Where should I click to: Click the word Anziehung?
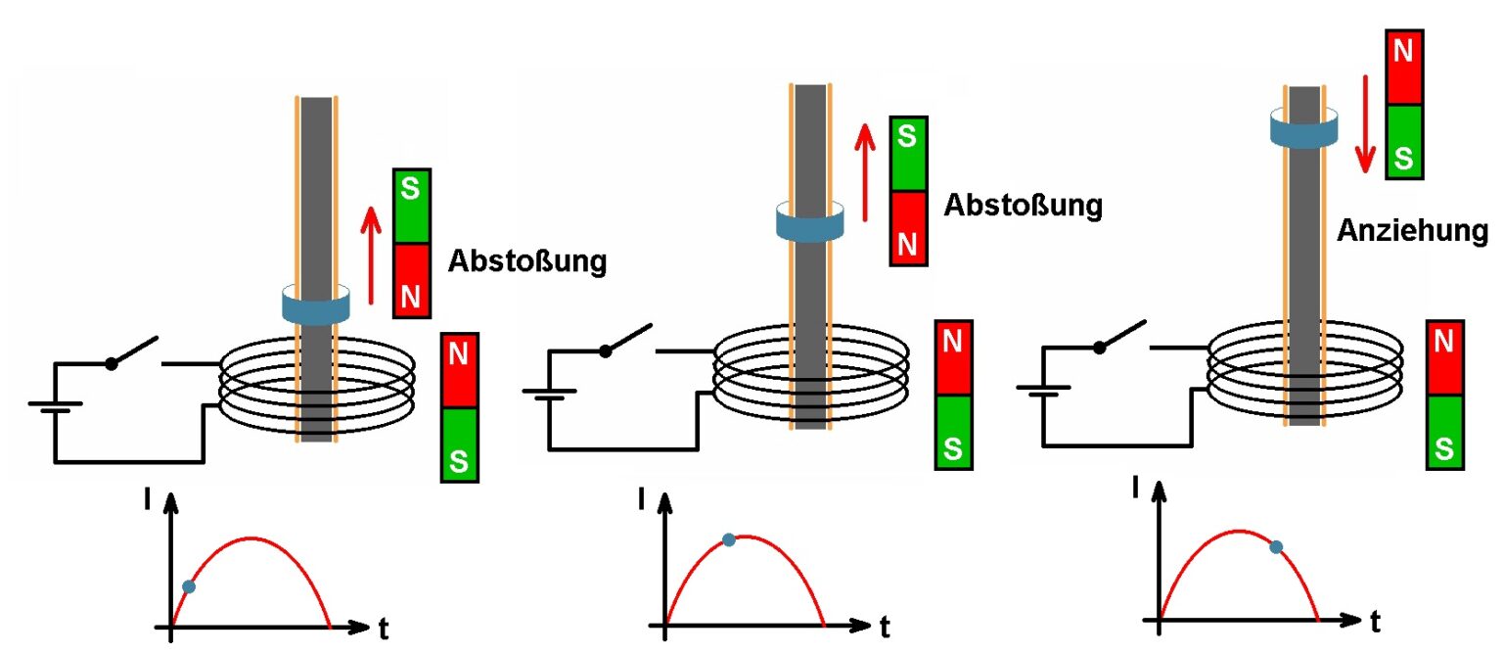[1412, 232]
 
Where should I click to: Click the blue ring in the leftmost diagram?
[315, 304]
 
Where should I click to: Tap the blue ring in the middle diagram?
[809, 221]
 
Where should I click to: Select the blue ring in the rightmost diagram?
[1303, 128]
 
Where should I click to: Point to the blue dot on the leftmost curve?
[189, 586]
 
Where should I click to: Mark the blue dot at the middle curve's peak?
[728, 539]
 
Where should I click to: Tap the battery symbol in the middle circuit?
[548, 396]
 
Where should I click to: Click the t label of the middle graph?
[884, 626]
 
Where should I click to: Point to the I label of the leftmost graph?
[146, 502]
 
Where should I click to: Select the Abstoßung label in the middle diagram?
[1023, 206]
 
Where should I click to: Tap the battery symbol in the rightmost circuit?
[1042, 391]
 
